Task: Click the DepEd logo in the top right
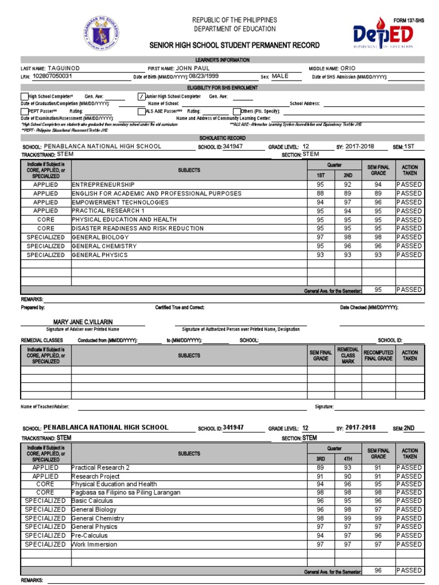(381, 35)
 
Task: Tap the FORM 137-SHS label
(409, 21)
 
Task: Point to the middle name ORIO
(348, 68)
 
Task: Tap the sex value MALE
(280, 76)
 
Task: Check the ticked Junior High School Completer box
(141, 97)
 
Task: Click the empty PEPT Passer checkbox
(24, 111)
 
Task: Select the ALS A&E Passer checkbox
(141, 111)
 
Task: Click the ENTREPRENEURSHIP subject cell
(103, 185)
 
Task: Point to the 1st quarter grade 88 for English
(321, 194)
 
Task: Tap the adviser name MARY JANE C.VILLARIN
(83, 322)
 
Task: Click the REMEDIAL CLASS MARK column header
(348, 356)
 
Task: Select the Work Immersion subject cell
(94, 544)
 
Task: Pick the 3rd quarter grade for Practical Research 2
(321, 467)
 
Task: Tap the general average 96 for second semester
(378, 570)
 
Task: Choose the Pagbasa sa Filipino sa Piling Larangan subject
(126, 492)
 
